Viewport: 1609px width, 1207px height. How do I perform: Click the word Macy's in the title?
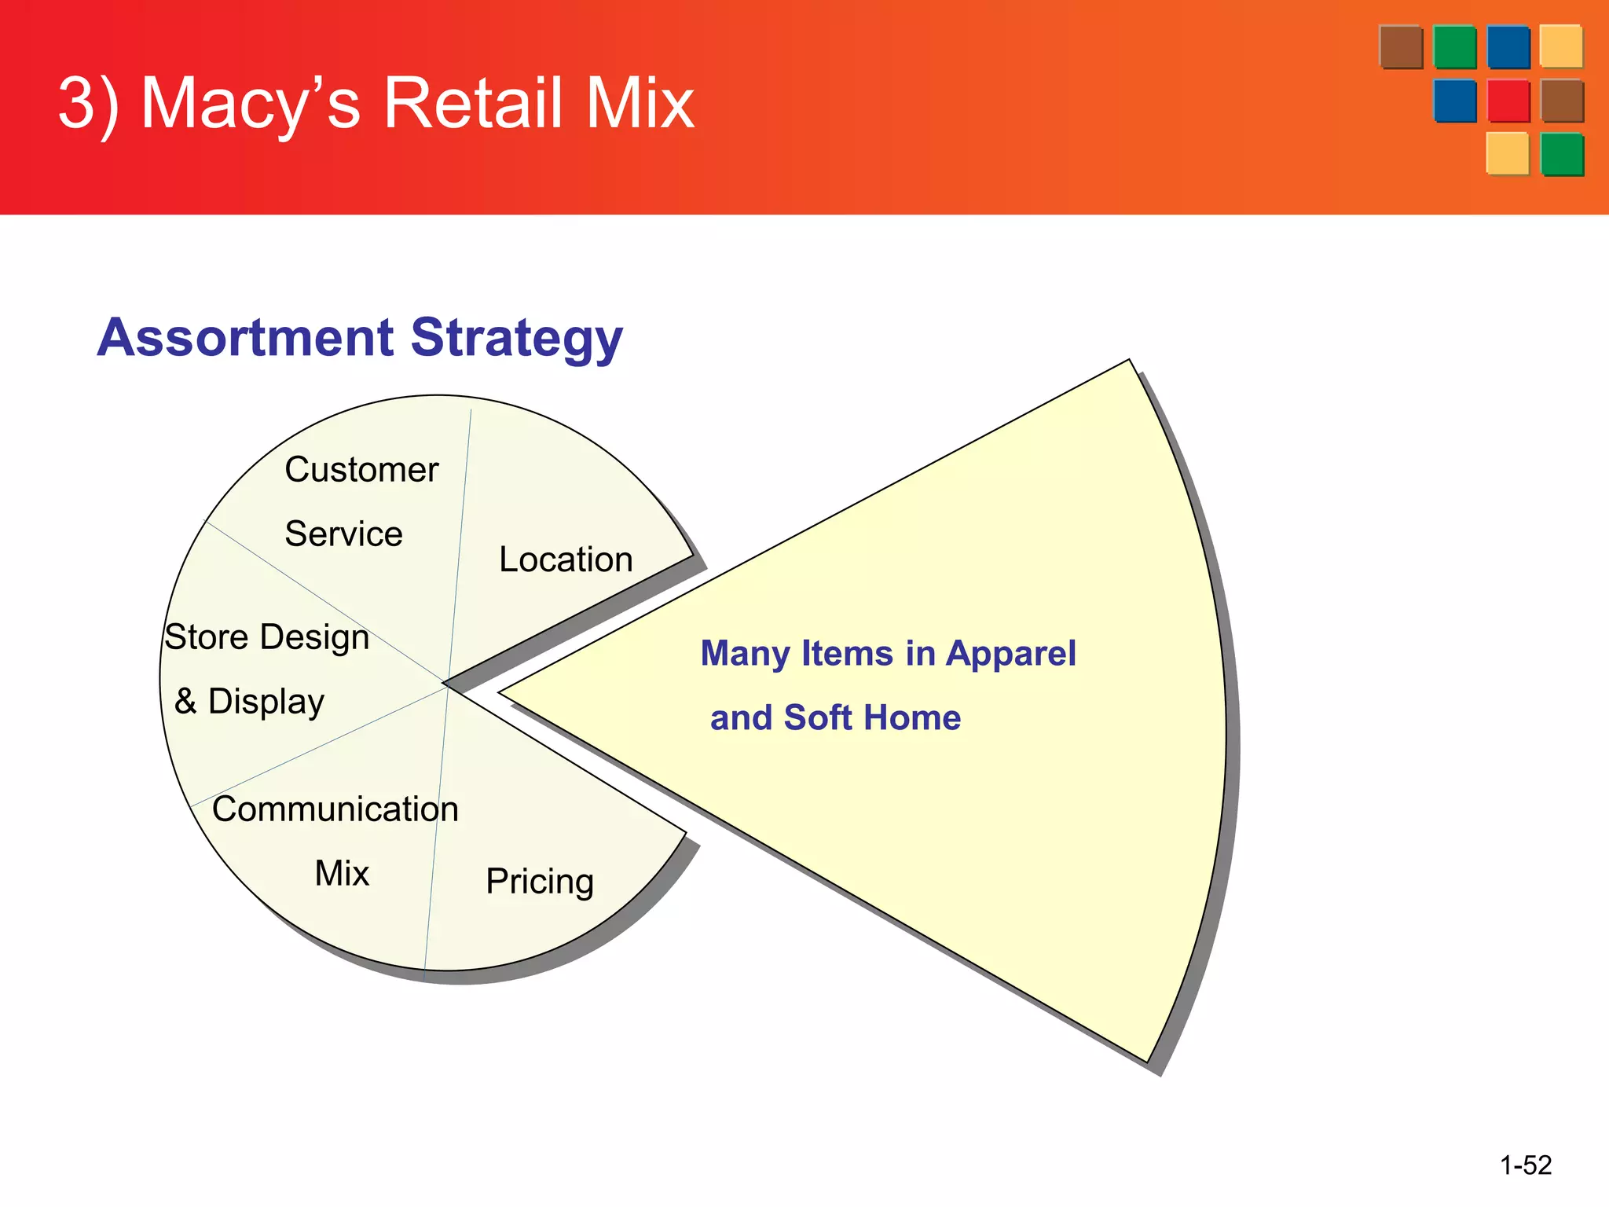(250, 104)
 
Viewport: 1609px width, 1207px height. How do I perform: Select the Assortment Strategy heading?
(360, 338)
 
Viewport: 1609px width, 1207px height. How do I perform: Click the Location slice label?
(566, 560)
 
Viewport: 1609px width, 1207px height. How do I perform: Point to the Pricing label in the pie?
(540, 882)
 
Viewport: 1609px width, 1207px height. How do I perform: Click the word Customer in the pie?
(361, 470)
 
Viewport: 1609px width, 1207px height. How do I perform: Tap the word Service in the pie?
(343, 534)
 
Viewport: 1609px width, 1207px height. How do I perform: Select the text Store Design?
(267, 637)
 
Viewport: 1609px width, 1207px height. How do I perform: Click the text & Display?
(250, 702)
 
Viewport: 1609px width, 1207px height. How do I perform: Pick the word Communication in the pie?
(335, 809)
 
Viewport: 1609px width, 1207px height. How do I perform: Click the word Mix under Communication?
(342, 874)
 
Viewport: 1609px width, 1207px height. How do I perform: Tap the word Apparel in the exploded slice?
(1010, 654)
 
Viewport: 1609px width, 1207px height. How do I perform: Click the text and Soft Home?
(835, 718)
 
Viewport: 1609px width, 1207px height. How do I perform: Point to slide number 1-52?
(1526, 1165)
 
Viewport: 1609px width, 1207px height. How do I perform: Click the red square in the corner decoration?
(1508, 101)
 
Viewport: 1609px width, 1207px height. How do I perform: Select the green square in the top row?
(1455, 47)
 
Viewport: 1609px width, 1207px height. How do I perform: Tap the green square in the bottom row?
(1562, 154)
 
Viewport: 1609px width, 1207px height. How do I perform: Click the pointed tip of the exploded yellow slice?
(503, 693)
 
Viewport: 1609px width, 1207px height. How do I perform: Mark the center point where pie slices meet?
(445, 684)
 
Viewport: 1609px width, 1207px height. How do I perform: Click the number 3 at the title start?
(77, 104)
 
